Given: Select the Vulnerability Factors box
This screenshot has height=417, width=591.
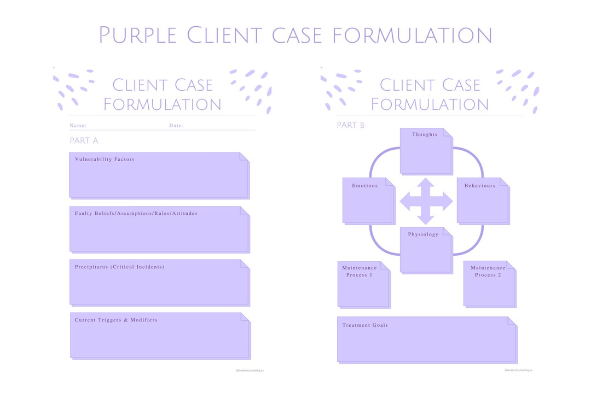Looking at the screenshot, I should [x=159, y=175].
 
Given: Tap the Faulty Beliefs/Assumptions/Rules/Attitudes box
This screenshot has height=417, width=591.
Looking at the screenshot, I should [x=159, y=229].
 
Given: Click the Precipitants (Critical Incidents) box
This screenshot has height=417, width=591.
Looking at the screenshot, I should [x=159, y=282].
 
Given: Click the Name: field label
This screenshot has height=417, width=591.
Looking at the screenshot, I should [x=78, y=126].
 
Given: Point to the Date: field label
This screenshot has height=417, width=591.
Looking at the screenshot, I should [x=176, y=126].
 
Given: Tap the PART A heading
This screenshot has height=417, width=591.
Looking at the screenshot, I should [x=84, y=141].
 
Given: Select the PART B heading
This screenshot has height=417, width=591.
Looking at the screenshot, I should [x=350, y=125].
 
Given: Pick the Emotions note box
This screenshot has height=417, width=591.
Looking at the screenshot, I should [x=368, y=201].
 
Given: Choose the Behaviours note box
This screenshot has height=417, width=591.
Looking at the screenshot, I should [x=482, y=201].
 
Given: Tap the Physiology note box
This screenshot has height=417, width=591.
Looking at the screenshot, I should [x=426, y=250].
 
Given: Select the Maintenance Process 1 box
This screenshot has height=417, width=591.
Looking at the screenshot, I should [x=363, y=284].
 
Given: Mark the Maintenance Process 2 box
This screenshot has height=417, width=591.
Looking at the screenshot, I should [x=489, y=284].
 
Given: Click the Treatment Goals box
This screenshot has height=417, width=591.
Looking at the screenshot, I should [x=426, y=339].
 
